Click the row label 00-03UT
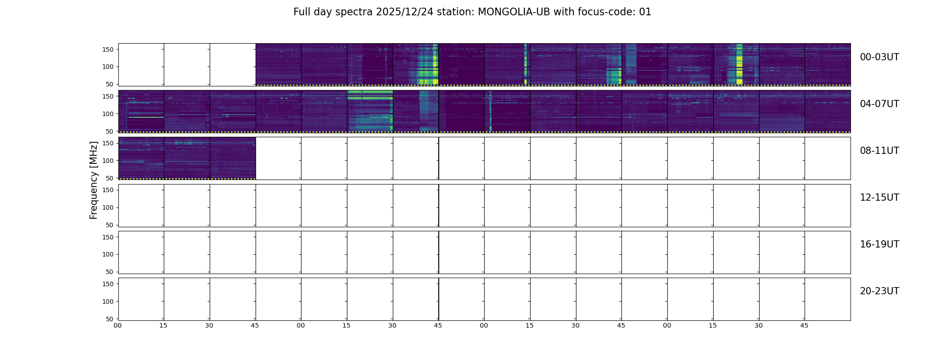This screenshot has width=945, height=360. (x=879, y=57)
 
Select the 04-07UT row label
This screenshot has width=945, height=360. (x=879, y=104)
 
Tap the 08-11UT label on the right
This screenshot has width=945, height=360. (x=879, y=151)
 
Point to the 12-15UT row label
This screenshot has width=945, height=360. (x=879, y=198)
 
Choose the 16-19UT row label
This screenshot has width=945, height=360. (x=879, y=244)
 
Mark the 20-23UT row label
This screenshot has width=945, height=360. (x=879, y=291)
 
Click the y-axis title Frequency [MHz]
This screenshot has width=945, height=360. (x=94, y=180)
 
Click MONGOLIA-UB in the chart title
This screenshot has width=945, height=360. (x=514, y=12)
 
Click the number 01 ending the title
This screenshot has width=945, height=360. (x=645, y=12)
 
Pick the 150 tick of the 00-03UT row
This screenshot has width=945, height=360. (x=108, y=49)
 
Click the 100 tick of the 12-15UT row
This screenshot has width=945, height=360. (x=108, y=207)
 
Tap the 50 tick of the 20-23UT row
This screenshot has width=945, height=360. (x=110, y=319)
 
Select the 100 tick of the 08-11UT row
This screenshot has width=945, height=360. (x=108, y=161)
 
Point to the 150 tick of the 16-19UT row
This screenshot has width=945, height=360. (x=108, y=237)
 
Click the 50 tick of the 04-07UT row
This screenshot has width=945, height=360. (x=110, y=131)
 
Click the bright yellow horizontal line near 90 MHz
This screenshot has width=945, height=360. (x=145, y=117)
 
